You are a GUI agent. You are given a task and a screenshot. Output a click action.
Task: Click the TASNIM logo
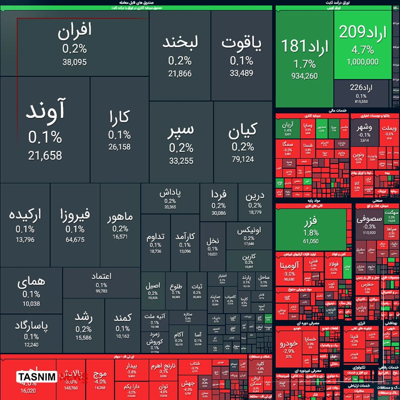(37, 377)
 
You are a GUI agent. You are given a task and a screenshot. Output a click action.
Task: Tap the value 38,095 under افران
(75, 62)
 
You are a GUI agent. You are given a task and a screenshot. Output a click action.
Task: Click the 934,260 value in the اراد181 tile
(304, 76)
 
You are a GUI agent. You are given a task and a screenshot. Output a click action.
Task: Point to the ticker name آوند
(45, 110)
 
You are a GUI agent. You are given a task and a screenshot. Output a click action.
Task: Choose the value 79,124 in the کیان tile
(243, 159)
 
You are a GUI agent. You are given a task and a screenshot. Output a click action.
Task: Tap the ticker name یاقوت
(241, 44)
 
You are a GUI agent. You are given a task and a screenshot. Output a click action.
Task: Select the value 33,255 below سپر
(181, 161)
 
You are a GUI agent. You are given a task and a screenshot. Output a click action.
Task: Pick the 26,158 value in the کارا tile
(119, 147)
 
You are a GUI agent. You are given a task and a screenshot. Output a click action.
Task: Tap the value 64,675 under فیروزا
(75, 240)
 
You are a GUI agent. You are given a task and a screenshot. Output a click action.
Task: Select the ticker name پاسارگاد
(31, 326)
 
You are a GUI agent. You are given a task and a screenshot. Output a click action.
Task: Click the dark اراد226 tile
(361, 93)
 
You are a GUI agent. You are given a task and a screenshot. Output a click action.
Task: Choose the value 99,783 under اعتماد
(101, 291)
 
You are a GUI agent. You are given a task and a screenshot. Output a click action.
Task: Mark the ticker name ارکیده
(25, 215)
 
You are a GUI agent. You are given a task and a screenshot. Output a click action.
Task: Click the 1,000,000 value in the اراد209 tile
(362, 62)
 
